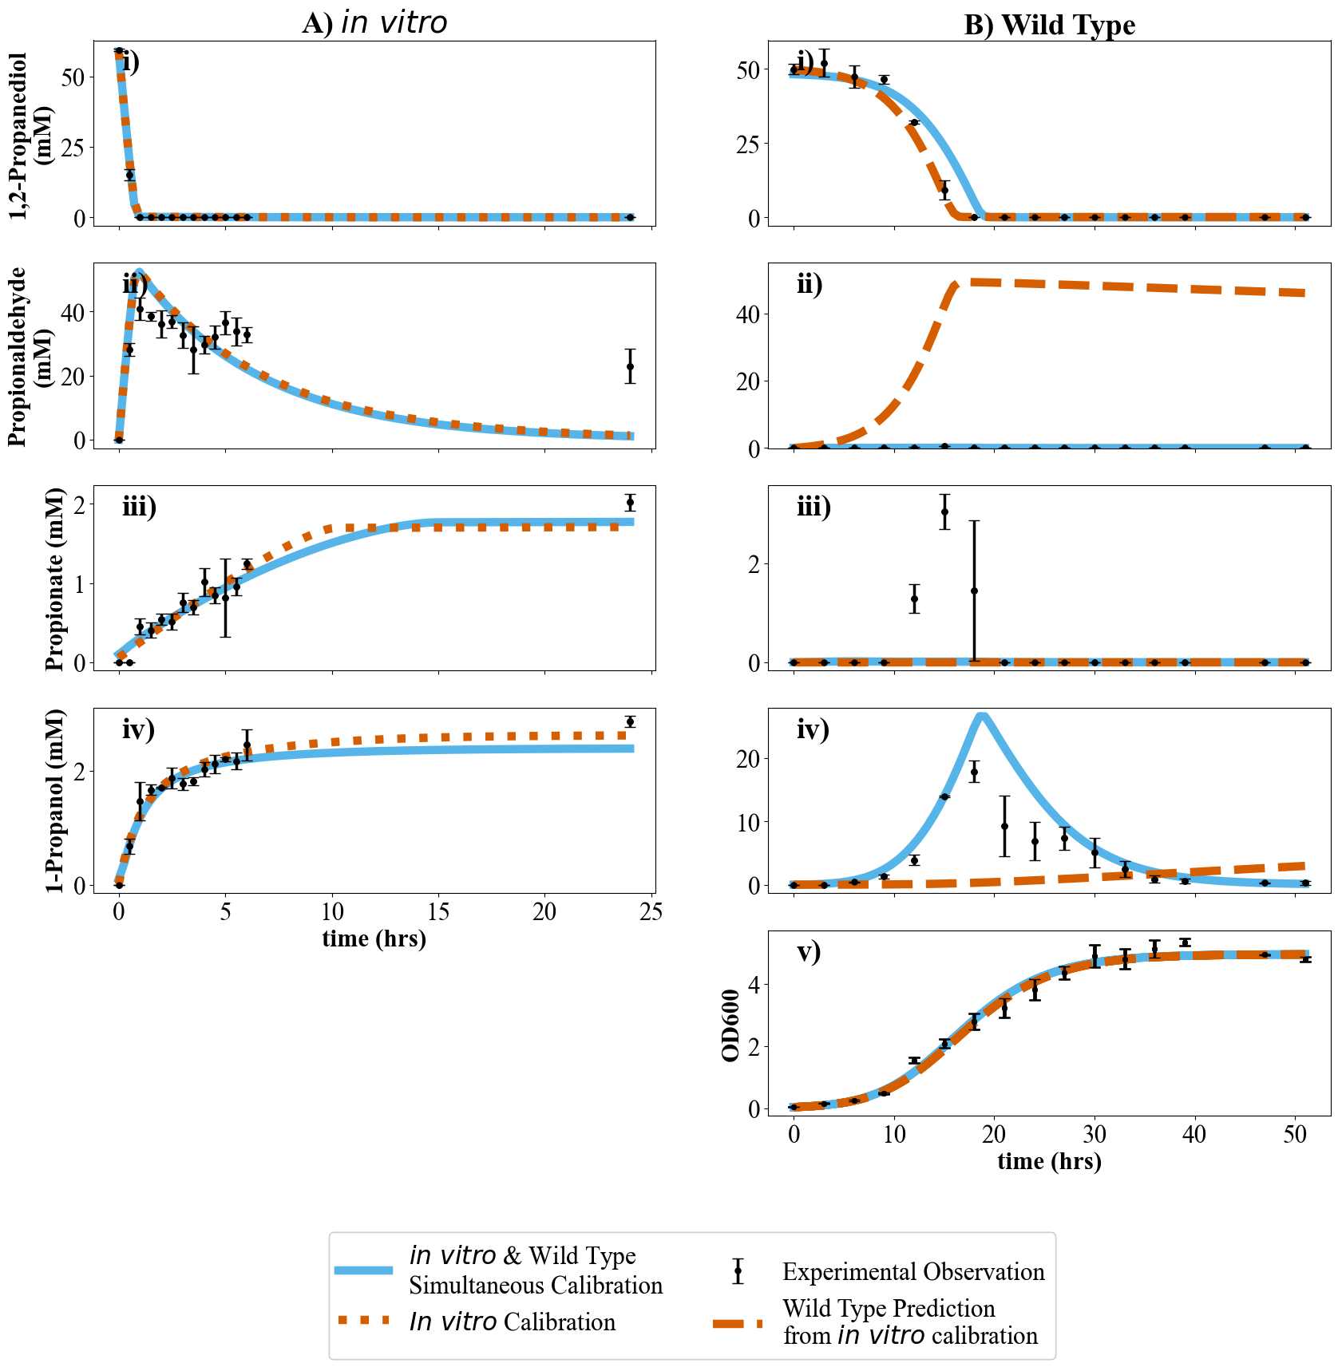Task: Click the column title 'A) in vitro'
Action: coord(374,23)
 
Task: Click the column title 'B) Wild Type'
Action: coord(1049,26)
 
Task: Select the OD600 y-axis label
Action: coord(730,1025)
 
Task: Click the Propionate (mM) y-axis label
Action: coord(54,579)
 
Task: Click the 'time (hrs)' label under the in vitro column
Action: coord(374,938)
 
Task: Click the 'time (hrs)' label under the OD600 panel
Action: coord(1049,1161)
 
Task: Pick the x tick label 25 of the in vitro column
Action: coord(651,912)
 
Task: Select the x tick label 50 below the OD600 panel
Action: coord(1294,1135)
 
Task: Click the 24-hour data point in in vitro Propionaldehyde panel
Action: coord(630,366)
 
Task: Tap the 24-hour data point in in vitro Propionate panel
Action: coord(630,502)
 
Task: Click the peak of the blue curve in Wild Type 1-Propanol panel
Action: coord(982,715)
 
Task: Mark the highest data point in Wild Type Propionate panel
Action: coord(944,512)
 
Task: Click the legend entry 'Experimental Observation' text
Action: coord(913,1272)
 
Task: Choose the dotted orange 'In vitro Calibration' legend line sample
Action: coord(364,1321)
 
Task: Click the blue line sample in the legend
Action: coord(364,1270)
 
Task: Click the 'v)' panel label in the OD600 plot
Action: coord(809,952)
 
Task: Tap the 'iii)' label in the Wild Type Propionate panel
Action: coord(813,507)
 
